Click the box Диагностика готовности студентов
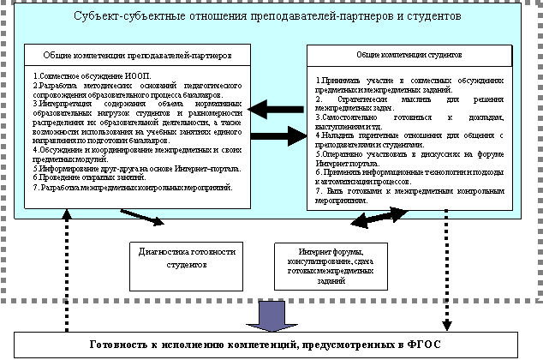185,258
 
